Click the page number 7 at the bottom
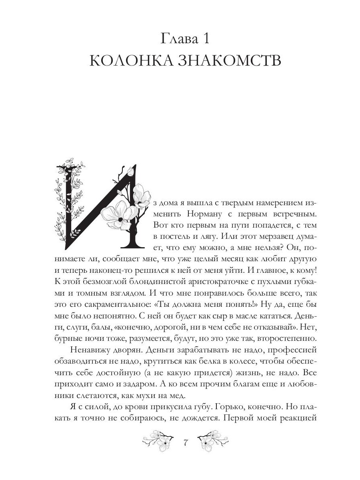pyautogui.click(x=185, y=443)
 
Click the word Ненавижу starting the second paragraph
pyautogui.click(x=90, y=350)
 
